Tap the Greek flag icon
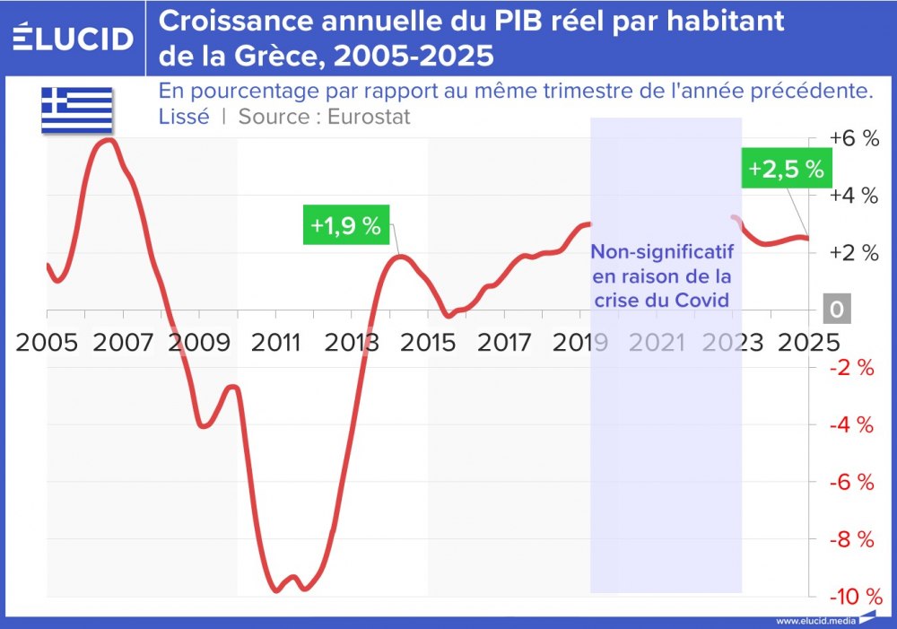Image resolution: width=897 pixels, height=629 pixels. point(76,109)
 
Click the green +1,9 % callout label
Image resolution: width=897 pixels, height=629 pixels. point(346,226)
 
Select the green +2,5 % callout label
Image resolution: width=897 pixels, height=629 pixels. point(786,170)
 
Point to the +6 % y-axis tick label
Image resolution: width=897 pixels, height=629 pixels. point(853,138)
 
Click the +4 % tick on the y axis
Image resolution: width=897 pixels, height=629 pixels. point(853,196)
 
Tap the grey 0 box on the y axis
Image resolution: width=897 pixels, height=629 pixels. point(837,310)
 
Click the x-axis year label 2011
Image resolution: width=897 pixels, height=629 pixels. point(274,342)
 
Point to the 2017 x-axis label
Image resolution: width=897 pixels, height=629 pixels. point(505,342)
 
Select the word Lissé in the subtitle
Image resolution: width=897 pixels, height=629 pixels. point(184,117)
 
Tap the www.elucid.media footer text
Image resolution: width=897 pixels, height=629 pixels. point(814,620)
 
